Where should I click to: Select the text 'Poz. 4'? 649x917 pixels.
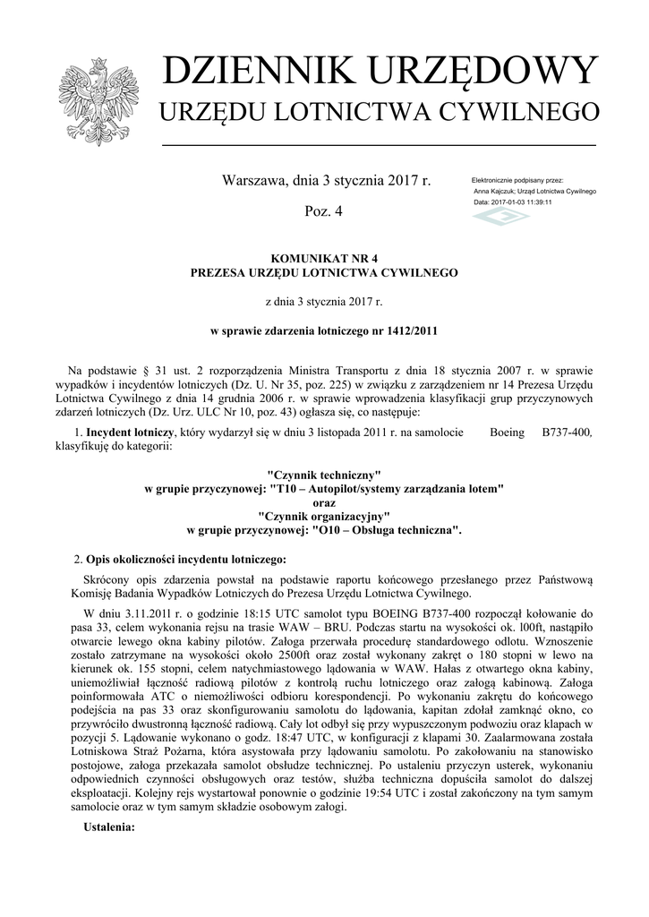(x=324, y=211)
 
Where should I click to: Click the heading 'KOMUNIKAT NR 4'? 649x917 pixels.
(x=324, y=258)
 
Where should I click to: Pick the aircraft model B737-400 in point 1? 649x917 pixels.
(x=567, y=433)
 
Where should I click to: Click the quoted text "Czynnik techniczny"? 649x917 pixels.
(x=324, y=473)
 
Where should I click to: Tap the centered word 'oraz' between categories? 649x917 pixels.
(x=324, y=501)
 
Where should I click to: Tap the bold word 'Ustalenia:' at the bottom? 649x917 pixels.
(x=108, y=827)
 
